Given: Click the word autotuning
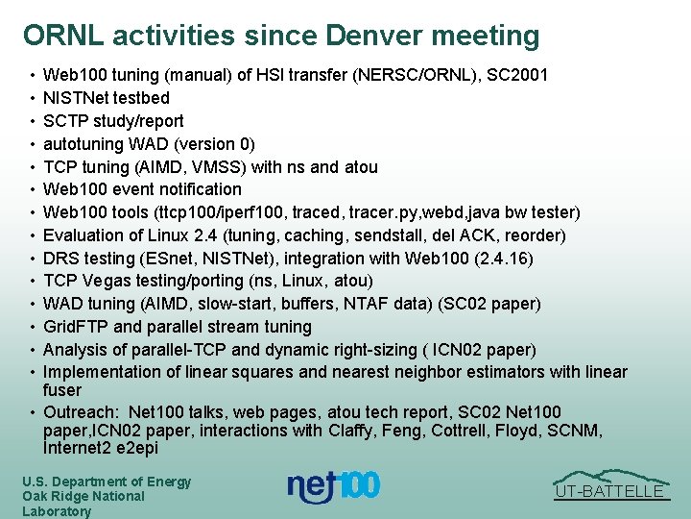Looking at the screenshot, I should click(83, 144).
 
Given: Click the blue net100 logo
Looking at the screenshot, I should click(333, 487).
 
